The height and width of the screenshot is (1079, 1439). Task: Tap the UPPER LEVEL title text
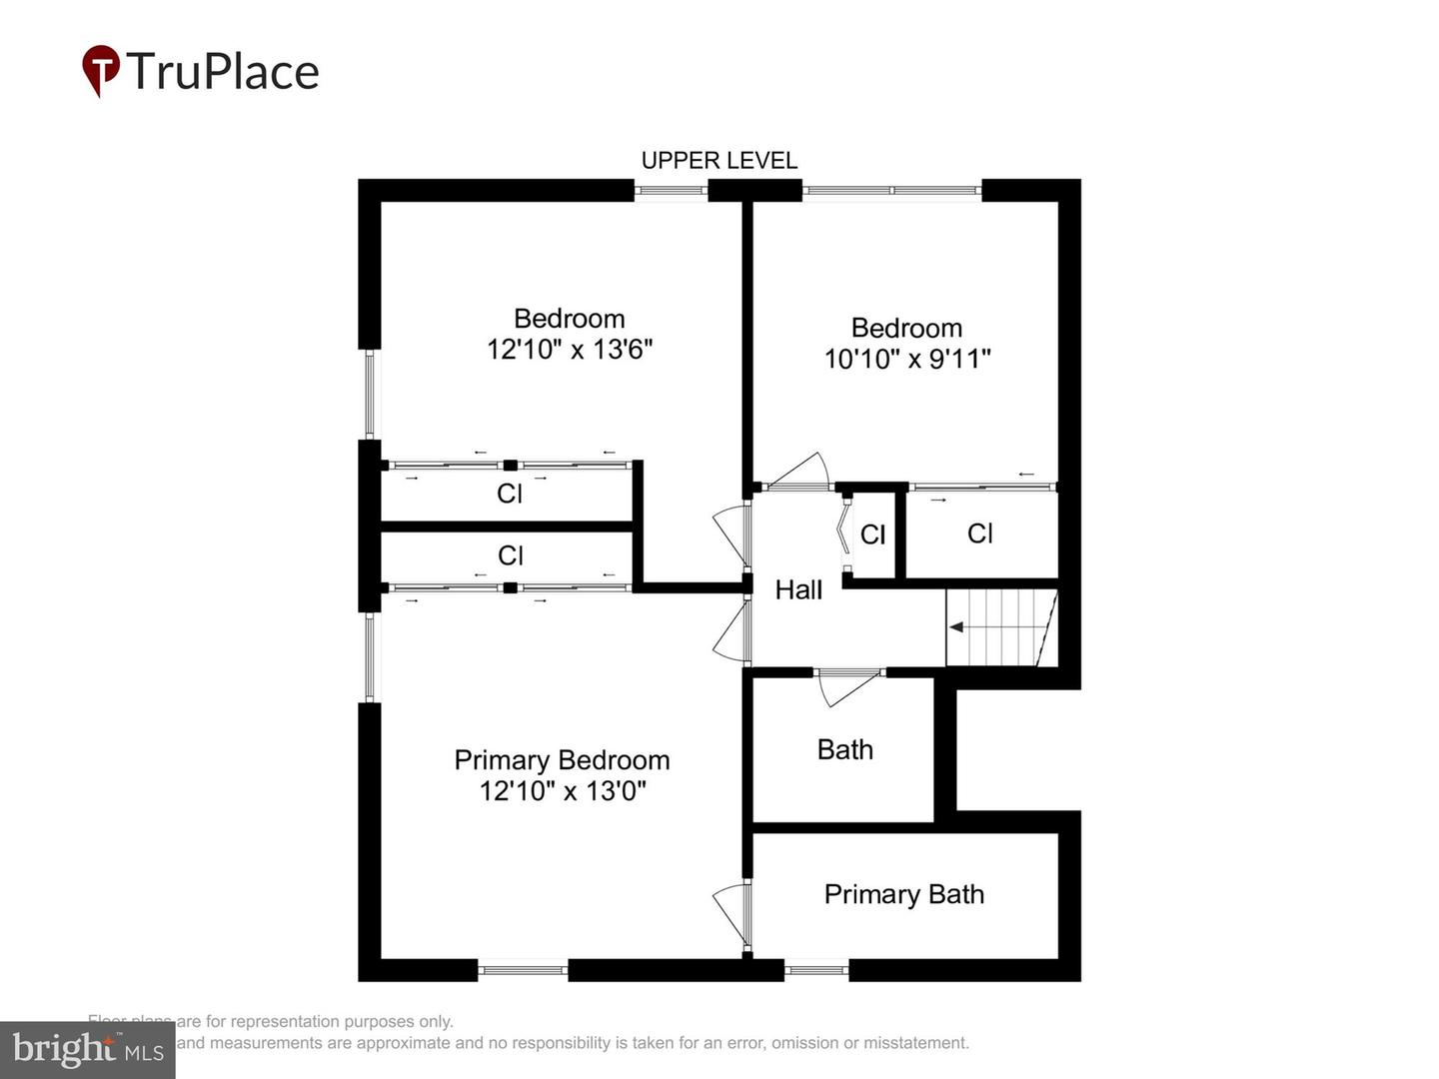point(719,161)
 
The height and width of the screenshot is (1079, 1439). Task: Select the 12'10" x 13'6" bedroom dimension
point(570,350)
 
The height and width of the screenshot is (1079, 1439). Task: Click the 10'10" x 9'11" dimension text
point(906,359)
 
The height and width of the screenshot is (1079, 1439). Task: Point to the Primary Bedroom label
point(562,760)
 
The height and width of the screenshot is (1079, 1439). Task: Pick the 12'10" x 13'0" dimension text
point(563,791)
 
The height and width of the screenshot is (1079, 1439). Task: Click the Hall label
point(798,589)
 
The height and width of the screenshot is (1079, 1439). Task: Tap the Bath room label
point(844,749)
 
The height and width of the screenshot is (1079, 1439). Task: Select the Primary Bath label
point(903,894)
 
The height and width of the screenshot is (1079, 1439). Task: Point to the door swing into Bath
point(847,686)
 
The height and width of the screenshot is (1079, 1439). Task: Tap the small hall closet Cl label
point(872,536)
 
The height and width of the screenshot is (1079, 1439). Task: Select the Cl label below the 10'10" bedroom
point(979,534)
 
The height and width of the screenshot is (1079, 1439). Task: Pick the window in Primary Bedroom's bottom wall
point(523,968)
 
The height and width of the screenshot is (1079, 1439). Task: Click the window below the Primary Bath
point(816,968)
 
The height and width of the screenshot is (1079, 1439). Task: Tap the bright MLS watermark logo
point(87,1049)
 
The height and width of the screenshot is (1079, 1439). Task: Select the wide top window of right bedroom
point(891,190)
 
